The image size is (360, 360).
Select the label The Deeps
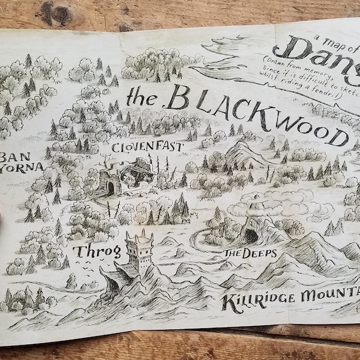coord(250,253)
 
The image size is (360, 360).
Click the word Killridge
coord(252,302)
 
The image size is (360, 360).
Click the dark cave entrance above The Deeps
coord(251,235)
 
